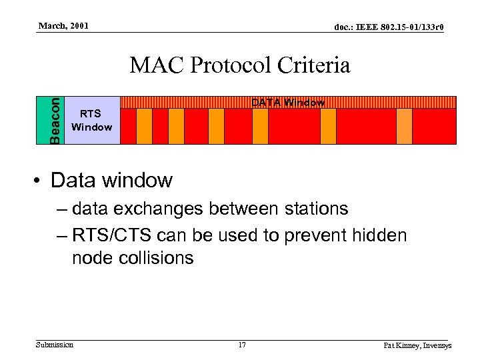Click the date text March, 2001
click(63, 26)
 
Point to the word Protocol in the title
click(231, 66)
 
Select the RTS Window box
click(92, 120)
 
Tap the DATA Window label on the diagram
click(287, 103)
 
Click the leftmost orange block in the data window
click(144, 126)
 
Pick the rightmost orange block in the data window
click(404, 126)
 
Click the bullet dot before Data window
click(39, 181)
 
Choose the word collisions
click(157, 258)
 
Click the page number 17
click(242, 345)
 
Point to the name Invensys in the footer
click(434, 345)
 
